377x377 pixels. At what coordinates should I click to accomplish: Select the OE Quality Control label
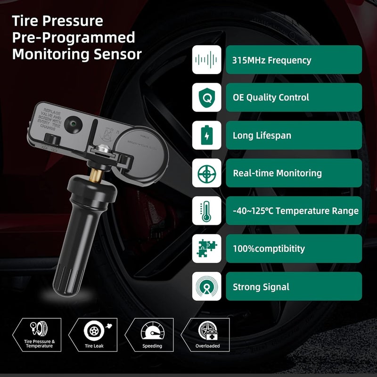pos(271,98)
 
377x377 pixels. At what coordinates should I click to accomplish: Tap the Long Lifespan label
pos(262,136)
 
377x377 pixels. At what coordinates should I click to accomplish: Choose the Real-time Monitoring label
pos(277,173)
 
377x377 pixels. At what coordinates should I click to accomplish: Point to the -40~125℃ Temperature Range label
pos(295,211)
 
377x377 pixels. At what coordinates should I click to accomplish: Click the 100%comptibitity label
pos(269,248)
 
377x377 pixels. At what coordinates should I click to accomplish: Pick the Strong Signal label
pos(261,287)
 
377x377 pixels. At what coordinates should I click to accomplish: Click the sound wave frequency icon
pos(207,60)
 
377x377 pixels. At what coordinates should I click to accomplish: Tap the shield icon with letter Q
pos(207,98)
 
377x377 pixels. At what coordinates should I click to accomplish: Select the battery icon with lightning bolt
pos(207,136)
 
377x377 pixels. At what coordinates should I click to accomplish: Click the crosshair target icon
pos(207,173)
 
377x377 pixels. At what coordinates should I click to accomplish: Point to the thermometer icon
pos(207,211)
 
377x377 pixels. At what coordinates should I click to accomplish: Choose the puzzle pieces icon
pos(207,248)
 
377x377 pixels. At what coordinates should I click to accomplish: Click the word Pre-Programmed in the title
pos(74,37)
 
